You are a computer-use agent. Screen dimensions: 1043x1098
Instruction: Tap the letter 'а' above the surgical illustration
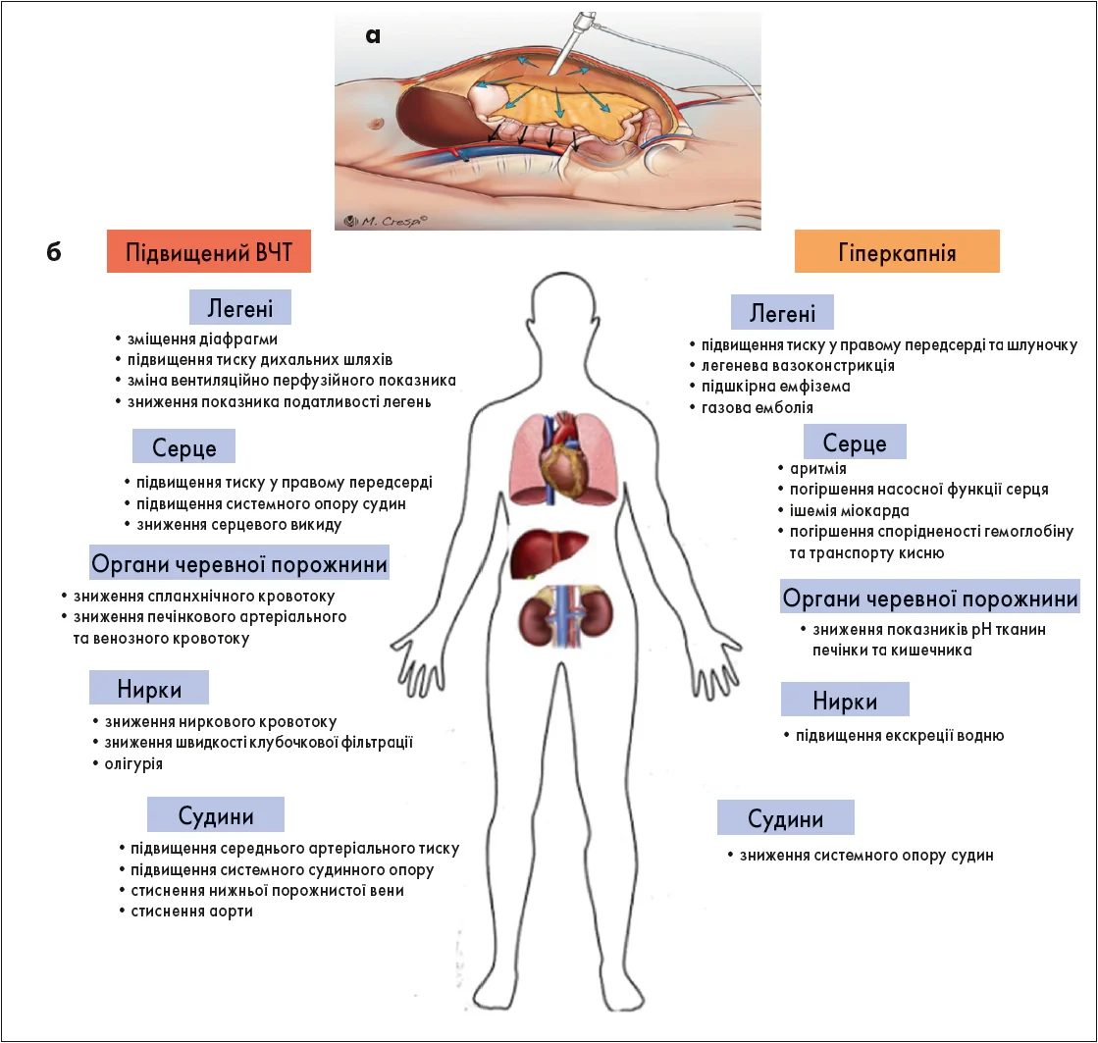372,36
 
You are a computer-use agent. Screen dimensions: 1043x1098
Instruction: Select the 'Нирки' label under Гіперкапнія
845,700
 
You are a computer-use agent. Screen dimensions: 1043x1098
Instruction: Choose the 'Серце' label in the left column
183,446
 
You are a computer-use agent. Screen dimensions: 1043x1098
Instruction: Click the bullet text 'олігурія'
132,763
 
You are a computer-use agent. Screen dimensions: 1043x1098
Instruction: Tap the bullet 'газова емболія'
757,407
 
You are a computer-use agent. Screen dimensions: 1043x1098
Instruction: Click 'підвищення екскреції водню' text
899,735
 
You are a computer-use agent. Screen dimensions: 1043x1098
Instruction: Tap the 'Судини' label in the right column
785,817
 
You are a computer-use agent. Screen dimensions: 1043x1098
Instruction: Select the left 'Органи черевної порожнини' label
238,565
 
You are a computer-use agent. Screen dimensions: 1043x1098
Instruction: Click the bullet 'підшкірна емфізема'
774,386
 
